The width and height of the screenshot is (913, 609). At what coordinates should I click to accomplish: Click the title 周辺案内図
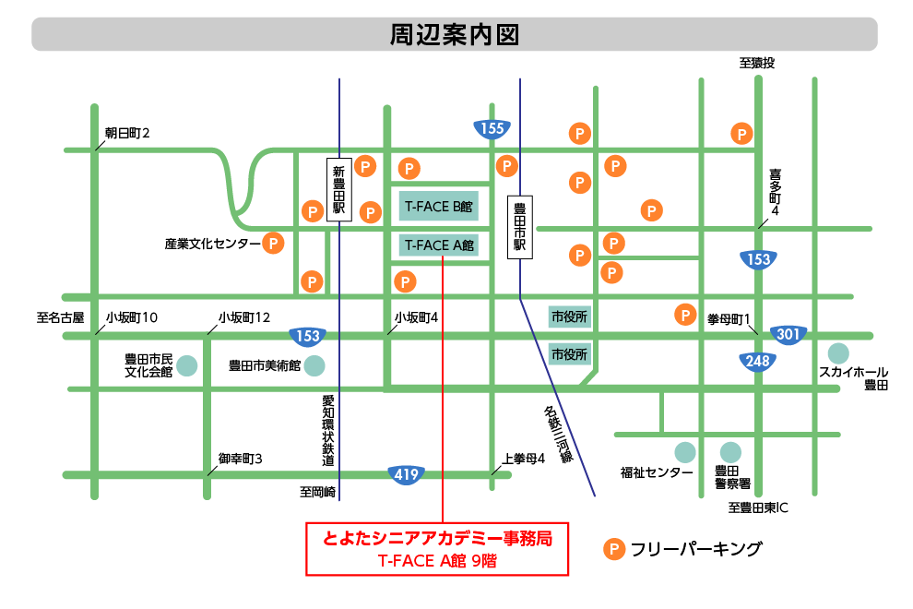tap(455, 34)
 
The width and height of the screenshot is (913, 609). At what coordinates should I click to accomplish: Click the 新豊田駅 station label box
tap(338, 189)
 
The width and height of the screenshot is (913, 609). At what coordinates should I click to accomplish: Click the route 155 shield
tap(492, 128)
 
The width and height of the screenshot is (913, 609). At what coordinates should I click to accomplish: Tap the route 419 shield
tap(406, 474)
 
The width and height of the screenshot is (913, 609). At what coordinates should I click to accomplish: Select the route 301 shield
tap(788, 334)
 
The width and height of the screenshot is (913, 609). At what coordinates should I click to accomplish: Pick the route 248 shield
tap(758, 361)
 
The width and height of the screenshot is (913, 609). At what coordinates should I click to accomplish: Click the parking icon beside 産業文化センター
tap(273, 244)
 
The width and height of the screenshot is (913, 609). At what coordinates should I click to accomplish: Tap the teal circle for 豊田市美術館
tap(314, 365)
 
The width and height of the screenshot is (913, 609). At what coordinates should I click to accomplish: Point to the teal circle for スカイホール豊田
tap(838, 352)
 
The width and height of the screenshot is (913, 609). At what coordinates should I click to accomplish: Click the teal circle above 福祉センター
tap(684, 452)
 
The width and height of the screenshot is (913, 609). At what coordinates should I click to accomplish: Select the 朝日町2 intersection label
tap(127, 134)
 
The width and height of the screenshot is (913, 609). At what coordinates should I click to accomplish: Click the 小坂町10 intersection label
tap(131, 317)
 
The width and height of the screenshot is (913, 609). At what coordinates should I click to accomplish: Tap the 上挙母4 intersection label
tap(524, 458)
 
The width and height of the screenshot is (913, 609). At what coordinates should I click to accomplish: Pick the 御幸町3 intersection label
tap(241, 458)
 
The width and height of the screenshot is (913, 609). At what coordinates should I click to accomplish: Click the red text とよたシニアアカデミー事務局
tap(437, 539)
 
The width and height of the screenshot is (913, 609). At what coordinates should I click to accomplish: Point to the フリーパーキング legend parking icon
tap(613, 550)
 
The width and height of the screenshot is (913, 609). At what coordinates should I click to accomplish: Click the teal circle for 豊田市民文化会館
tap(187, 364)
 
